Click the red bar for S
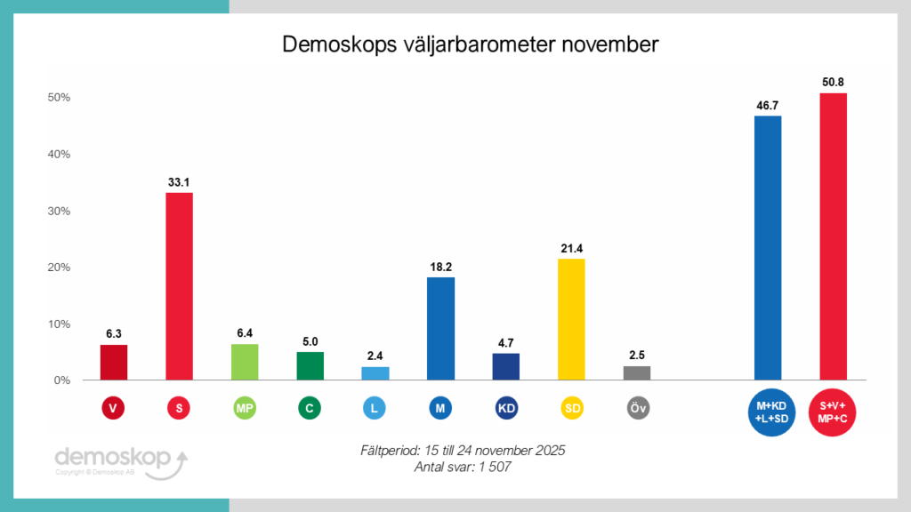[x=179, y=286]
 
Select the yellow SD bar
[x=571, y=319]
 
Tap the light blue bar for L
[x=375, y=373]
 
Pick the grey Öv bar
[x=637, y=373]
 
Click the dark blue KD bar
[x=505, y=366]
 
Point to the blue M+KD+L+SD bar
[x=768, y=248]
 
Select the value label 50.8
[x=834, y=83]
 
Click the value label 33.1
[x=179, y=182]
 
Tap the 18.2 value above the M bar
[x=440, y=267]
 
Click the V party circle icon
[x=113, y=408]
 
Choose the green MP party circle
[x=245, y=408]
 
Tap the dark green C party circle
[x=310, y=408]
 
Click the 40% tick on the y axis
[x=59, y=154]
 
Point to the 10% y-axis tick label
[x=59, y=324]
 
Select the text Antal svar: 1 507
[x=462, y=468]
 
